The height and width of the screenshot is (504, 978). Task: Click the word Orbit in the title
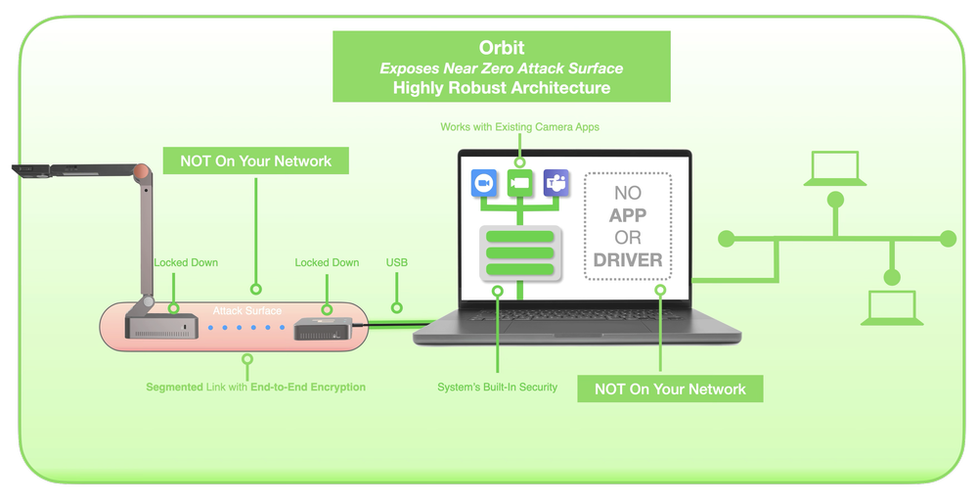point(502,47)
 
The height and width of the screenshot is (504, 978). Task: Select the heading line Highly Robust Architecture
point(502,88)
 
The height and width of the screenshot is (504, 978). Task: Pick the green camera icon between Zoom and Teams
point(520,182)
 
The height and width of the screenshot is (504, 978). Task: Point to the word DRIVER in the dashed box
point(628,260)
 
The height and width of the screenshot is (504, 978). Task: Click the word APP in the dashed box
point(628,216)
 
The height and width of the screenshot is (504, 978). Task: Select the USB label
point(397,262)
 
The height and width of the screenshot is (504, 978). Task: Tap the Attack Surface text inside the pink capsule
point(247,311)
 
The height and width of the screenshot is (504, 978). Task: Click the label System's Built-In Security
point(497,388)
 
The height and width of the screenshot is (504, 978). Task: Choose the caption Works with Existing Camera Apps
point(519,127)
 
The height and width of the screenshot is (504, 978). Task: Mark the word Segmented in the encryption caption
point(175,388)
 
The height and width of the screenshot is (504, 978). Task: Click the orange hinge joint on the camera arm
point(143,174)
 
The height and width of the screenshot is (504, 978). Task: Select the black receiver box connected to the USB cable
point(323,327)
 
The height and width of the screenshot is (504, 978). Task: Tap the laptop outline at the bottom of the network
point(892,307)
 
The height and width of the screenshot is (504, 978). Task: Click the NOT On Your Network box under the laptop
point(670,389)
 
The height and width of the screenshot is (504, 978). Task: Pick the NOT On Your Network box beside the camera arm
point(256,161)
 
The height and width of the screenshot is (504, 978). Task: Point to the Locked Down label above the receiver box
point(327,262)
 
